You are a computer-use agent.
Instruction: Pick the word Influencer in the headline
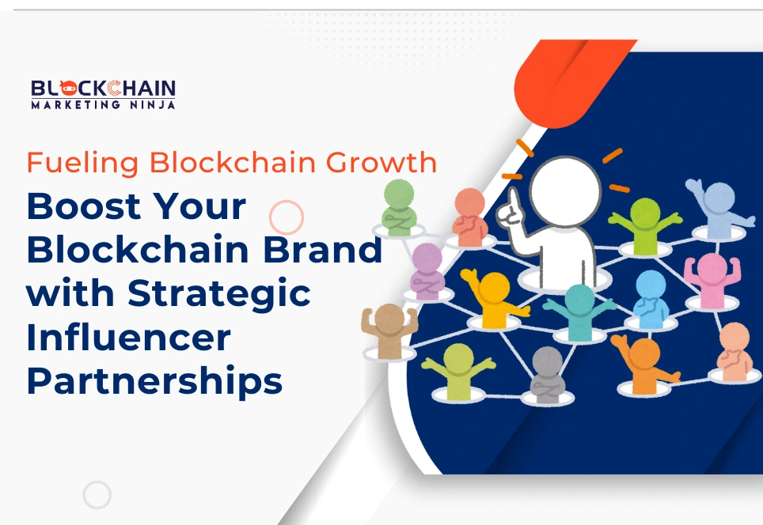click(128, 338)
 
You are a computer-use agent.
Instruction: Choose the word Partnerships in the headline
click(154, 381)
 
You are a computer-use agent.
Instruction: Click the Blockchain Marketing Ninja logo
click(103, 93)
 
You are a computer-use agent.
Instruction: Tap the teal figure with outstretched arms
click(579, 309)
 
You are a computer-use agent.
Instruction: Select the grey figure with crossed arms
click(548, 373)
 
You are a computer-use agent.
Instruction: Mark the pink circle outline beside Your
click(287, 216)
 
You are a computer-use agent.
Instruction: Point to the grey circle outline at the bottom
click(97, 495)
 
